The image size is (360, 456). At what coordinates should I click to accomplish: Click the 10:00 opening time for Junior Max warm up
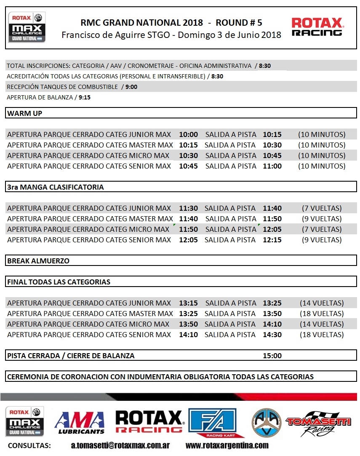click(188, 134)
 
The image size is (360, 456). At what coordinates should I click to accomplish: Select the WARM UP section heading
click(24, 113)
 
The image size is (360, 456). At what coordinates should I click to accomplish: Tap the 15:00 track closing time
click(272, 356)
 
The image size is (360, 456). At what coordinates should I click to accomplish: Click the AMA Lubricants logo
click(80, 422)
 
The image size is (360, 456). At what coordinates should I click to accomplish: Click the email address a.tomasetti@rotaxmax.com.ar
click(121, 445)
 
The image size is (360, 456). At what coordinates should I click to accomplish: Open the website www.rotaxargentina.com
click(227, 445)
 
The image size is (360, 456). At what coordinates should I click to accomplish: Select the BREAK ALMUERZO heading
click(38, 261)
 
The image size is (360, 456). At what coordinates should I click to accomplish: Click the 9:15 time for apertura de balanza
click(84, 97)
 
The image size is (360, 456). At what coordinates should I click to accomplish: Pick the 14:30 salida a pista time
click(272, 335)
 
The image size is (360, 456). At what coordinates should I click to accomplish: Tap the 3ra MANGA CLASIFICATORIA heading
click(55, 187)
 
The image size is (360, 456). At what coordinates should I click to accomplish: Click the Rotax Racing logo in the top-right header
click(317, 27)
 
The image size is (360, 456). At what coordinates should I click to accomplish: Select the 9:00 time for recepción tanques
click(131, 87)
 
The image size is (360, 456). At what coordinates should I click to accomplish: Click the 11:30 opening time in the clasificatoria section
click(188, 208)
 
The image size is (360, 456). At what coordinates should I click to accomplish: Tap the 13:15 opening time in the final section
click(188, 303)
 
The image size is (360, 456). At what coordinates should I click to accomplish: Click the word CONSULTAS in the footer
click(29, 445)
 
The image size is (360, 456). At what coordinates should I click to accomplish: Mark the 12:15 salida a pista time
click(272, 240)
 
